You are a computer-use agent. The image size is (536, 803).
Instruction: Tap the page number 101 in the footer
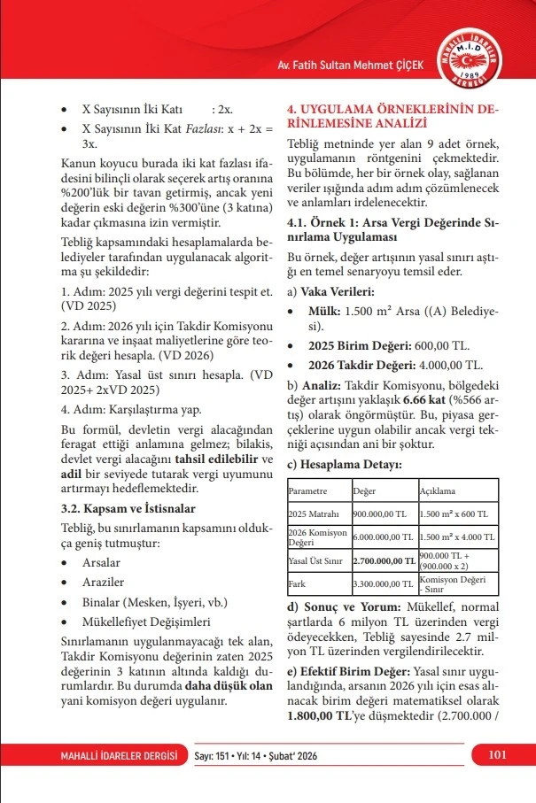tap(497, 754)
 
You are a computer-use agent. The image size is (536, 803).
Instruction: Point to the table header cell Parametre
tap(309, 490)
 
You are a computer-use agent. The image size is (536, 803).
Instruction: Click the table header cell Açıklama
tap(437, 490)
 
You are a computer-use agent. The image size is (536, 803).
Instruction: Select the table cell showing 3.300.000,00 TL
tap(383, 584)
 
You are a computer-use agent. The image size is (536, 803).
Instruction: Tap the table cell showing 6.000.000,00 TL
tap(383, 537)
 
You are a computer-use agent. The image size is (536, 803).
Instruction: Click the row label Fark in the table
tap(297, 584)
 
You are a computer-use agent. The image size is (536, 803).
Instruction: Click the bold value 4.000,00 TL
tap(445, 365)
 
